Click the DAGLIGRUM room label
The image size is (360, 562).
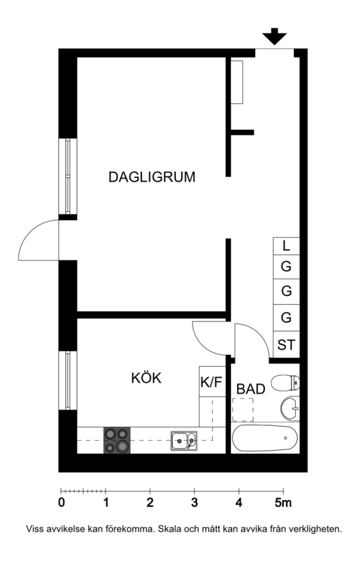coord(152,177)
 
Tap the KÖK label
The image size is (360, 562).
coord(146,378)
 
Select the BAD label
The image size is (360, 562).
coord(251,389)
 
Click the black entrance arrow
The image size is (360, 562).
coord(275,36)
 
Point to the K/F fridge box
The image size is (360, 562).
coord(212,382)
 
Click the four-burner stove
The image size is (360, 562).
coord(117,440)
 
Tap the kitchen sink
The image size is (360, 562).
coord(184,440)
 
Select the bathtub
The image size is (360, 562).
coord(265,438)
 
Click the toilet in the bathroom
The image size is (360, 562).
coord(286,383)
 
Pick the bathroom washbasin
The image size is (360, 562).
coord(290,408)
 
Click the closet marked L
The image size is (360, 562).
coord(286,246)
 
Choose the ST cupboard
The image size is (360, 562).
coord(286,345)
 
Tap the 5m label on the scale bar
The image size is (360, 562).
coord(283,503)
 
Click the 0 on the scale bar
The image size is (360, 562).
coord(62,503)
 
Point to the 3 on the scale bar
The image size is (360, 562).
coord(194,503)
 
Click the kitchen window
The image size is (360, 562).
coord(68,380)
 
